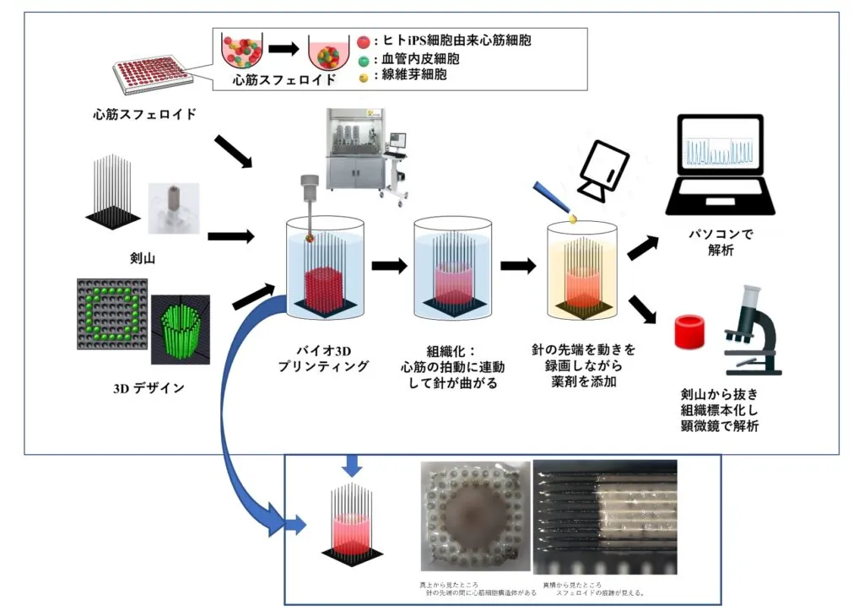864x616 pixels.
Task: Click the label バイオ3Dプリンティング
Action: click(x=324, y=359)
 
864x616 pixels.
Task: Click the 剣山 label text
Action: click(x=133, y=251)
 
